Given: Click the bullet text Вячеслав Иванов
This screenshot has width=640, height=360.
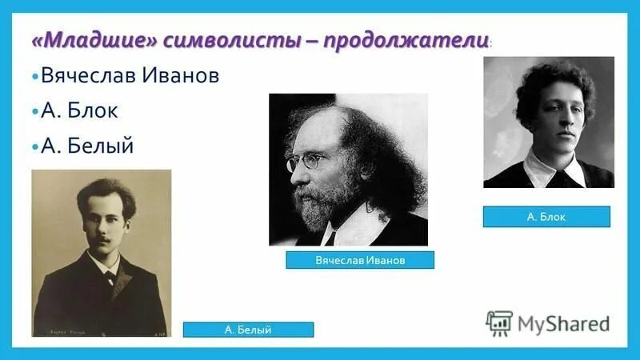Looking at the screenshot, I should click(130, 77).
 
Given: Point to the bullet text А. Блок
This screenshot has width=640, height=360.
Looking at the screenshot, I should click(80, 111).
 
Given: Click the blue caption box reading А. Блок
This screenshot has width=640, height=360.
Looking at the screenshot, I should click(546, 216).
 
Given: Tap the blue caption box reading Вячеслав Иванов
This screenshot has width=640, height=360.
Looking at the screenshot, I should click(360, 260).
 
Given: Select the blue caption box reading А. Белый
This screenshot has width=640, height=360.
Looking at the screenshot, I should click(248, 329).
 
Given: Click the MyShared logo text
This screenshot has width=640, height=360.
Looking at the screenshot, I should click(563, 323).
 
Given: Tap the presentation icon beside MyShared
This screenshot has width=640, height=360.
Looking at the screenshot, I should click(499, 322).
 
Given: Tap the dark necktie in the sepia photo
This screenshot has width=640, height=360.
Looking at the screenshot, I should click(110, 278).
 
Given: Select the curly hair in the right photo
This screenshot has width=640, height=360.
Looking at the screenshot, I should click(552, 84).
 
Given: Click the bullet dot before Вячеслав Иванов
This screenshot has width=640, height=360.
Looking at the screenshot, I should click(36, 78).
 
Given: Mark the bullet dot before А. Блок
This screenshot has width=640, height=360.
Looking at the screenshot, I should click(36, 112).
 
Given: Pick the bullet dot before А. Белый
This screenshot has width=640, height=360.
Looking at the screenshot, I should click(36, 147).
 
